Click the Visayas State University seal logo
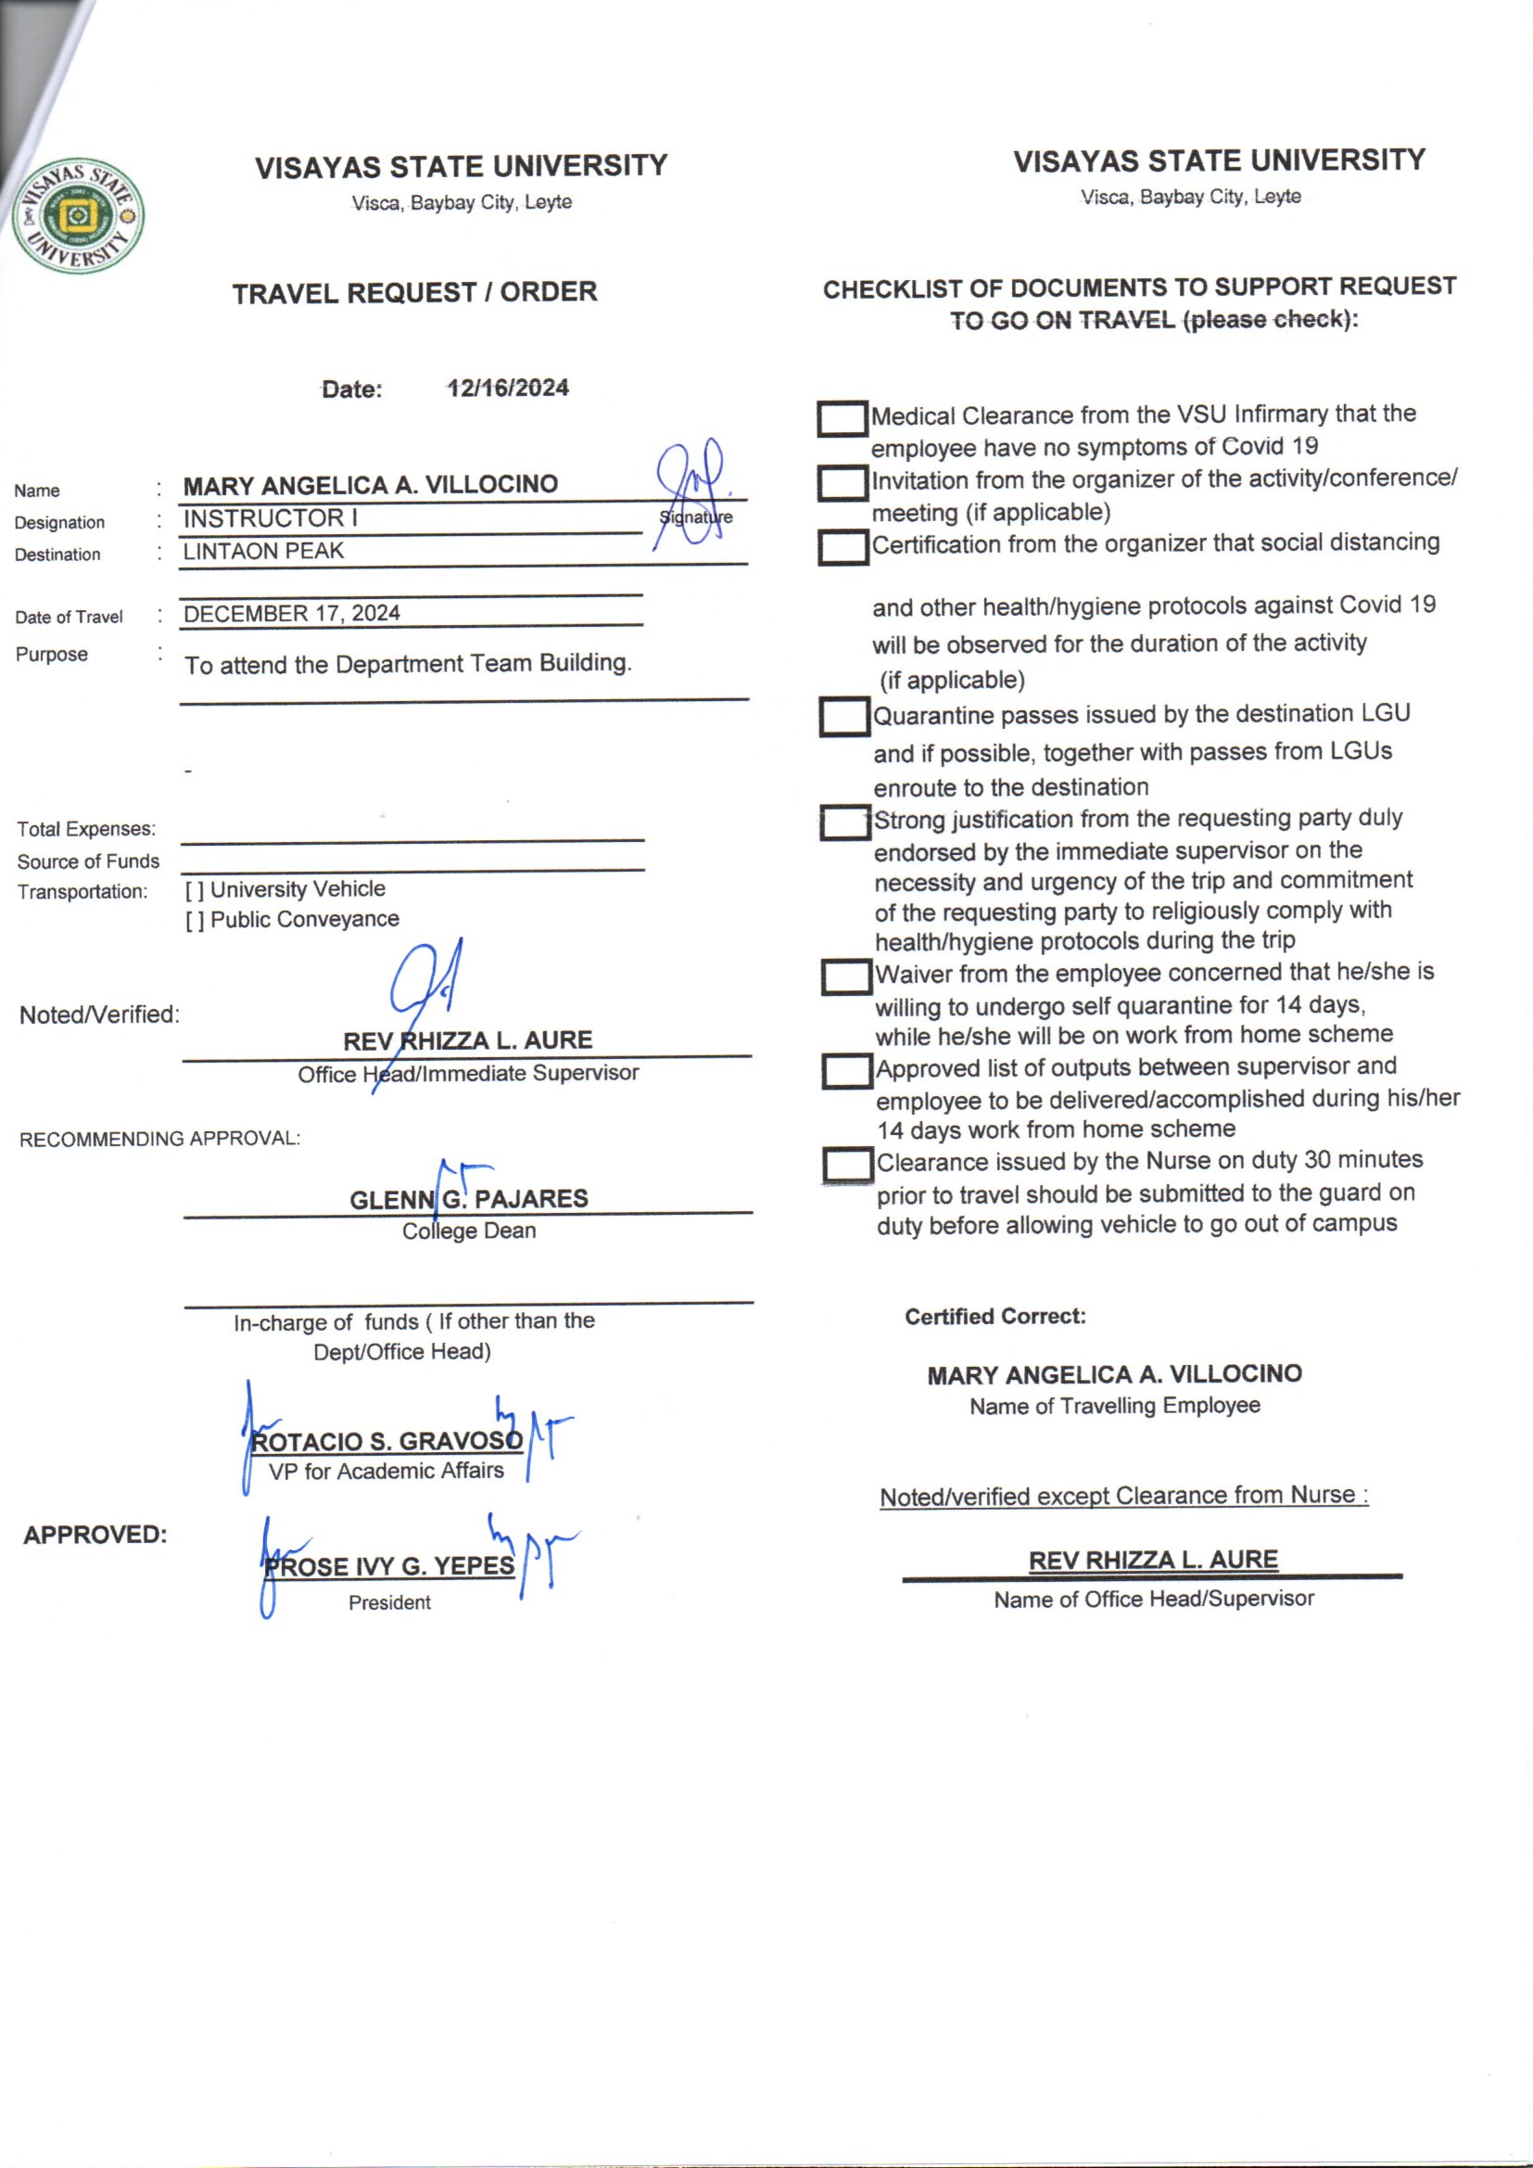click(x=78, y=214)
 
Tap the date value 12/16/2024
click(x=508, y=389)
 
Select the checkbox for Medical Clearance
click(x=842, y=419)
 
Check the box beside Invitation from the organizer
click(x=842, y=483)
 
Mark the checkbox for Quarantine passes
click(x=844, y=717)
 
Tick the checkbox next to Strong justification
click(x=844, y=823)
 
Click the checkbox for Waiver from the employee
click(x=845, y=976)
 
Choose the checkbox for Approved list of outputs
click(x=846, y=1071)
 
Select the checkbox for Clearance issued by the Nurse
click(x=847, y=1165)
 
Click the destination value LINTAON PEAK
click(x=263, y=552)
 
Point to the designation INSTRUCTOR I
click(x=270, y=518)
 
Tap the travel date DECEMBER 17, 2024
click(x=292, y=614)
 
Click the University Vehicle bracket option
click(x=195, y=890)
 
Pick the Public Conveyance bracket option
click(x=195, y=921)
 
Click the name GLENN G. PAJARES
click(x=468, y=1199)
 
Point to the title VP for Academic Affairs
click(x=386, y=1471)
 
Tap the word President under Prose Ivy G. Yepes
click(x=389, y=1602)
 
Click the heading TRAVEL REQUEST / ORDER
click(x=414, y=293)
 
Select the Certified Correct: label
click(x=995, y=1317)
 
